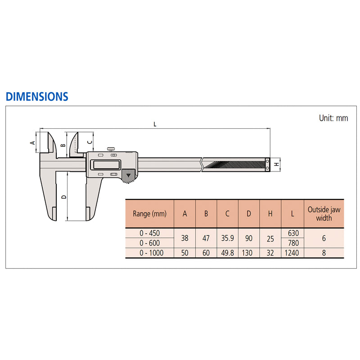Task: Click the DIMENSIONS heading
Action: (37, 96)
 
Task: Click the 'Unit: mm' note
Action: (333, 118)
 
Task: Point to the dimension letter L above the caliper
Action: (155, 125)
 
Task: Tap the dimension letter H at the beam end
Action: (276, 164)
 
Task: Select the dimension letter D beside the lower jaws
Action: (64, 197)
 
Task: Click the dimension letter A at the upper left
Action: (32, 142)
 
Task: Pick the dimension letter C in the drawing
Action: (89, 142)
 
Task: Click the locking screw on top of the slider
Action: (111, 148)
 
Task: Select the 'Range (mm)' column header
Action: (149, 214)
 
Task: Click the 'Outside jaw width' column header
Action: (324, 214)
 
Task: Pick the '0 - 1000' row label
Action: (149, 253)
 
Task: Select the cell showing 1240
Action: (292, 253)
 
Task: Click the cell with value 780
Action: (292, 243)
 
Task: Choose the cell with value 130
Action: (249, 253)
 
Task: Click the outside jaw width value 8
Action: (324, 253)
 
